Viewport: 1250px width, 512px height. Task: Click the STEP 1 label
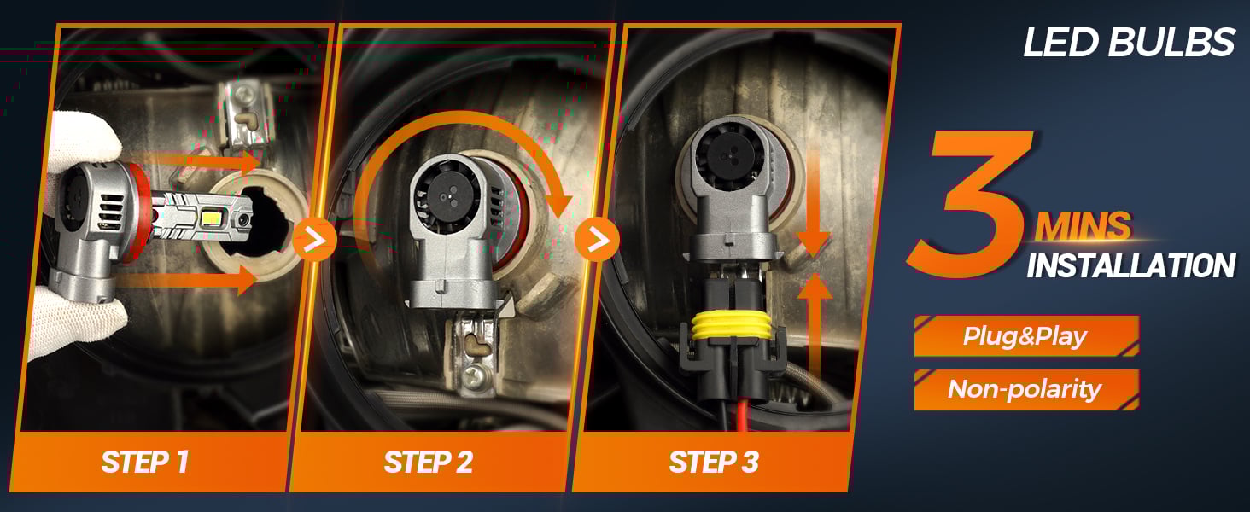click(x=145, y=462)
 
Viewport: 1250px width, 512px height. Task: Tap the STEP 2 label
click(x=429, y=462)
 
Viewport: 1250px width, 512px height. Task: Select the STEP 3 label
click(x=714, y=462)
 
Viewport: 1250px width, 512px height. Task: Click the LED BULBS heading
click(x=1129, y=43)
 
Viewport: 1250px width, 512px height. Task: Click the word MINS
click(x=1083, y=227)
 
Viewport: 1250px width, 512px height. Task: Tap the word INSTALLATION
click(x=1130, y=265)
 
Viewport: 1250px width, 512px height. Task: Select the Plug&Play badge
click(x=1025, y=336)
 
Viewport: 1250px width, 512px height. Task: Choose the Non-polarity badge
click(x=1025, y=390)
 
